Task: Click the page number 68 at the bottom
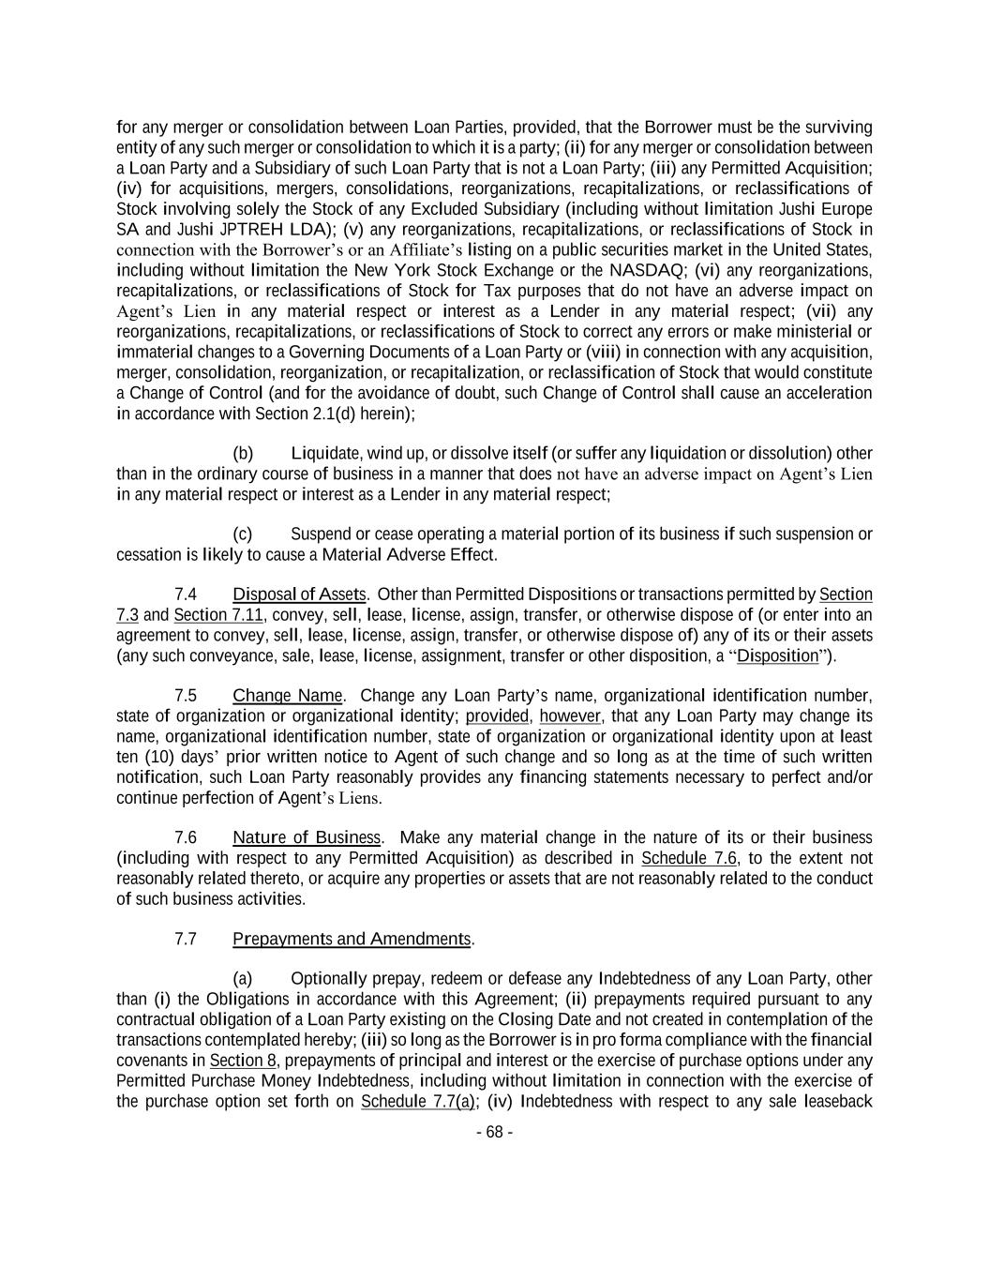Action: click(x=495, y=1132)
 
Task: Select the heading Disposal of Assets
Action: click(x=298, y=595)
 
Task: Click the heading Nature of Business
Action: click(x=306, y=837)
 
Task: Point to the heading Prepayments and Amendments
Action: click(x=352, y=939)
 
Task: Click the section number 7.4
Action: click(x=186, y=595)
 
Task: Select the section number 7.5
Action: click(x=186, y=696)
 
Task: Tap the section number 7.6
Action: click(x=186, y=837)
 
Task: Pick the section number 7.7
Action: click(x=186, y=939)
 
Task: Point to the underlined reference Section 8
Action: click(x=236, y=1061)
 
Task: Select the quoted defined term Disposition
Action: click(x=777, y=655)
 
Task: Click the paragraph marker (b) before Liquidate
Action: click(x=243, y=454)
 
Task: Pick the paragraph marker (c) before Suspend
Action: click(x=243, y=535)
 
